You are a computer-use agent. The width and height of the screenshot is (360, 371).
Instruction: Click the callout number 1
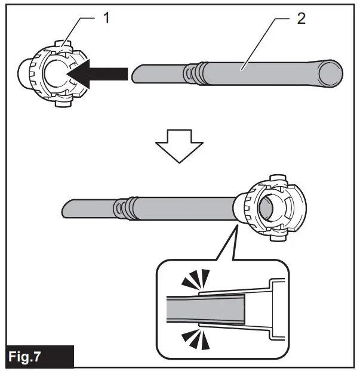click(x=105, y=18)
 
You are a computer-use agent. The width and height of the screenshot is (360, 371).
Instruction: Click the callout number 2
click(x=301, y=18)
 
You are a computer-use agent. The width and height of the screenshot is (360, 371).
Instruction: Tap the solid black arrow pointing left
click(x=99, y=73)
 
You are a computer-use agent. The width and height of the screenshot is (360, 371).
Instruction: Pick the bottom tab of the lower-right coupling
click(x=277, y=237)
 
